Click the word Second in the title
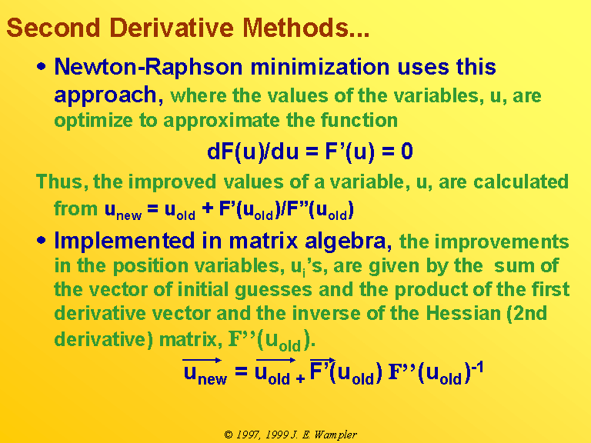tap(54, 28)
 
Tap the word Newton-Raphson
tap(149, 67)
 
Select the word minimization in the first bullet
tap(320, 67)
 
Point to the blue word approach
tap(105, 95)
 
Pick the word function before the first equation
tap(359, 120)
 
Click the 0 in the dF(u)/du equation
tap(406, 152)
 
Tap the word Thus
tap(59, 182)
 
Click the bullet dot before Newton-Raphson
tap(42, 67)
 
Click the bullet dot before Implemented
tap(42, 240)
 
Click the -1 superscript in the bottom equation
tap(477, 367)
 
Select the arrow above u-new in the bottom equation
tap(202, 360)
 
